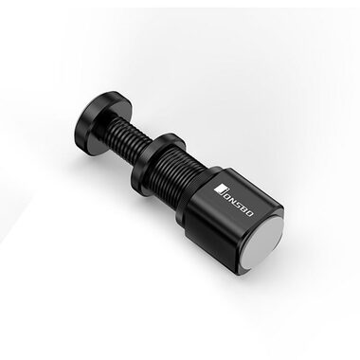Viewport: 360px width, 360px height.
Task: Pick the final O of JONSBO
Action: tap(248, 213)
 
